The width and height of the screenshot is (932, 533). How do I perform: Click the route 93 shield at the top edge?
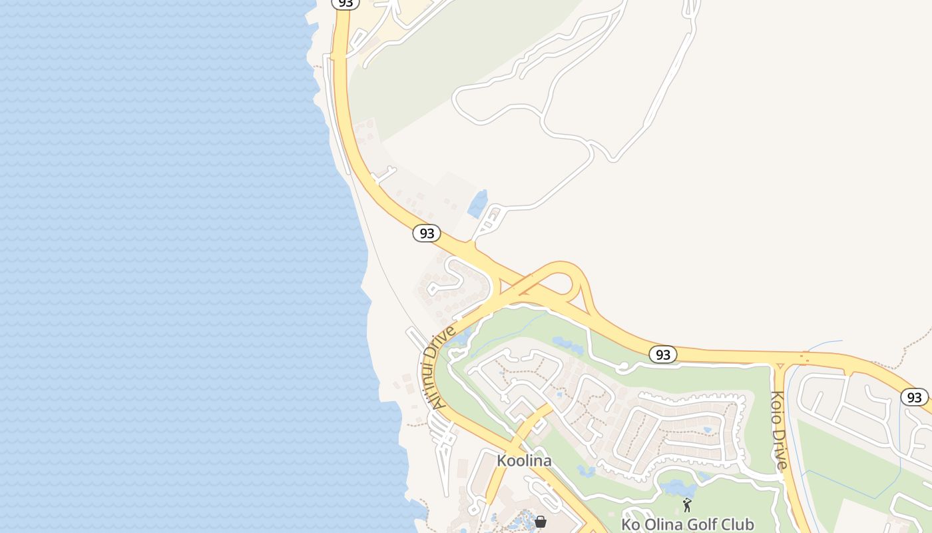coord(345,3)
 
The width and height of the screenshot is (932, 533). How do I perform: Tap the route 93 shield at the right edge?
coord(915,397)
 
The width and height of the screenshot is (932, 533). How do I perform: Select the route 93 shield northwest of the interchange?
coord(427,233)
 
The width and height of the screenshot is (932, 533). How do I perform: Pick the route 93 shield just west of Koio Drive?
coord(663,354)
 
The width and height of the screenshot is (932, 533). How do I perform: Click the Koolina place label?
coord(524,460)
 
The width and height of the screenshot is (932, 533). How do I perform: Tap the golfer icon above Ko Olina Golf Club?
coord(687,505)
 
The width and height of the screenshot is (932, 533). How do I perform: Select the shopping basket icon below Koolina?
coord(541,521)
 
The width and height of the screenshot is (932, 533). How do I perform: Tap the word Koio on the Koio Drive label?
coord(777,408)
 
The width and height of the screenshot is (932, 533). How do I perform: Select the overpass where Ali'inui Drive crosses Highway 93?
coord(526,282)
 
